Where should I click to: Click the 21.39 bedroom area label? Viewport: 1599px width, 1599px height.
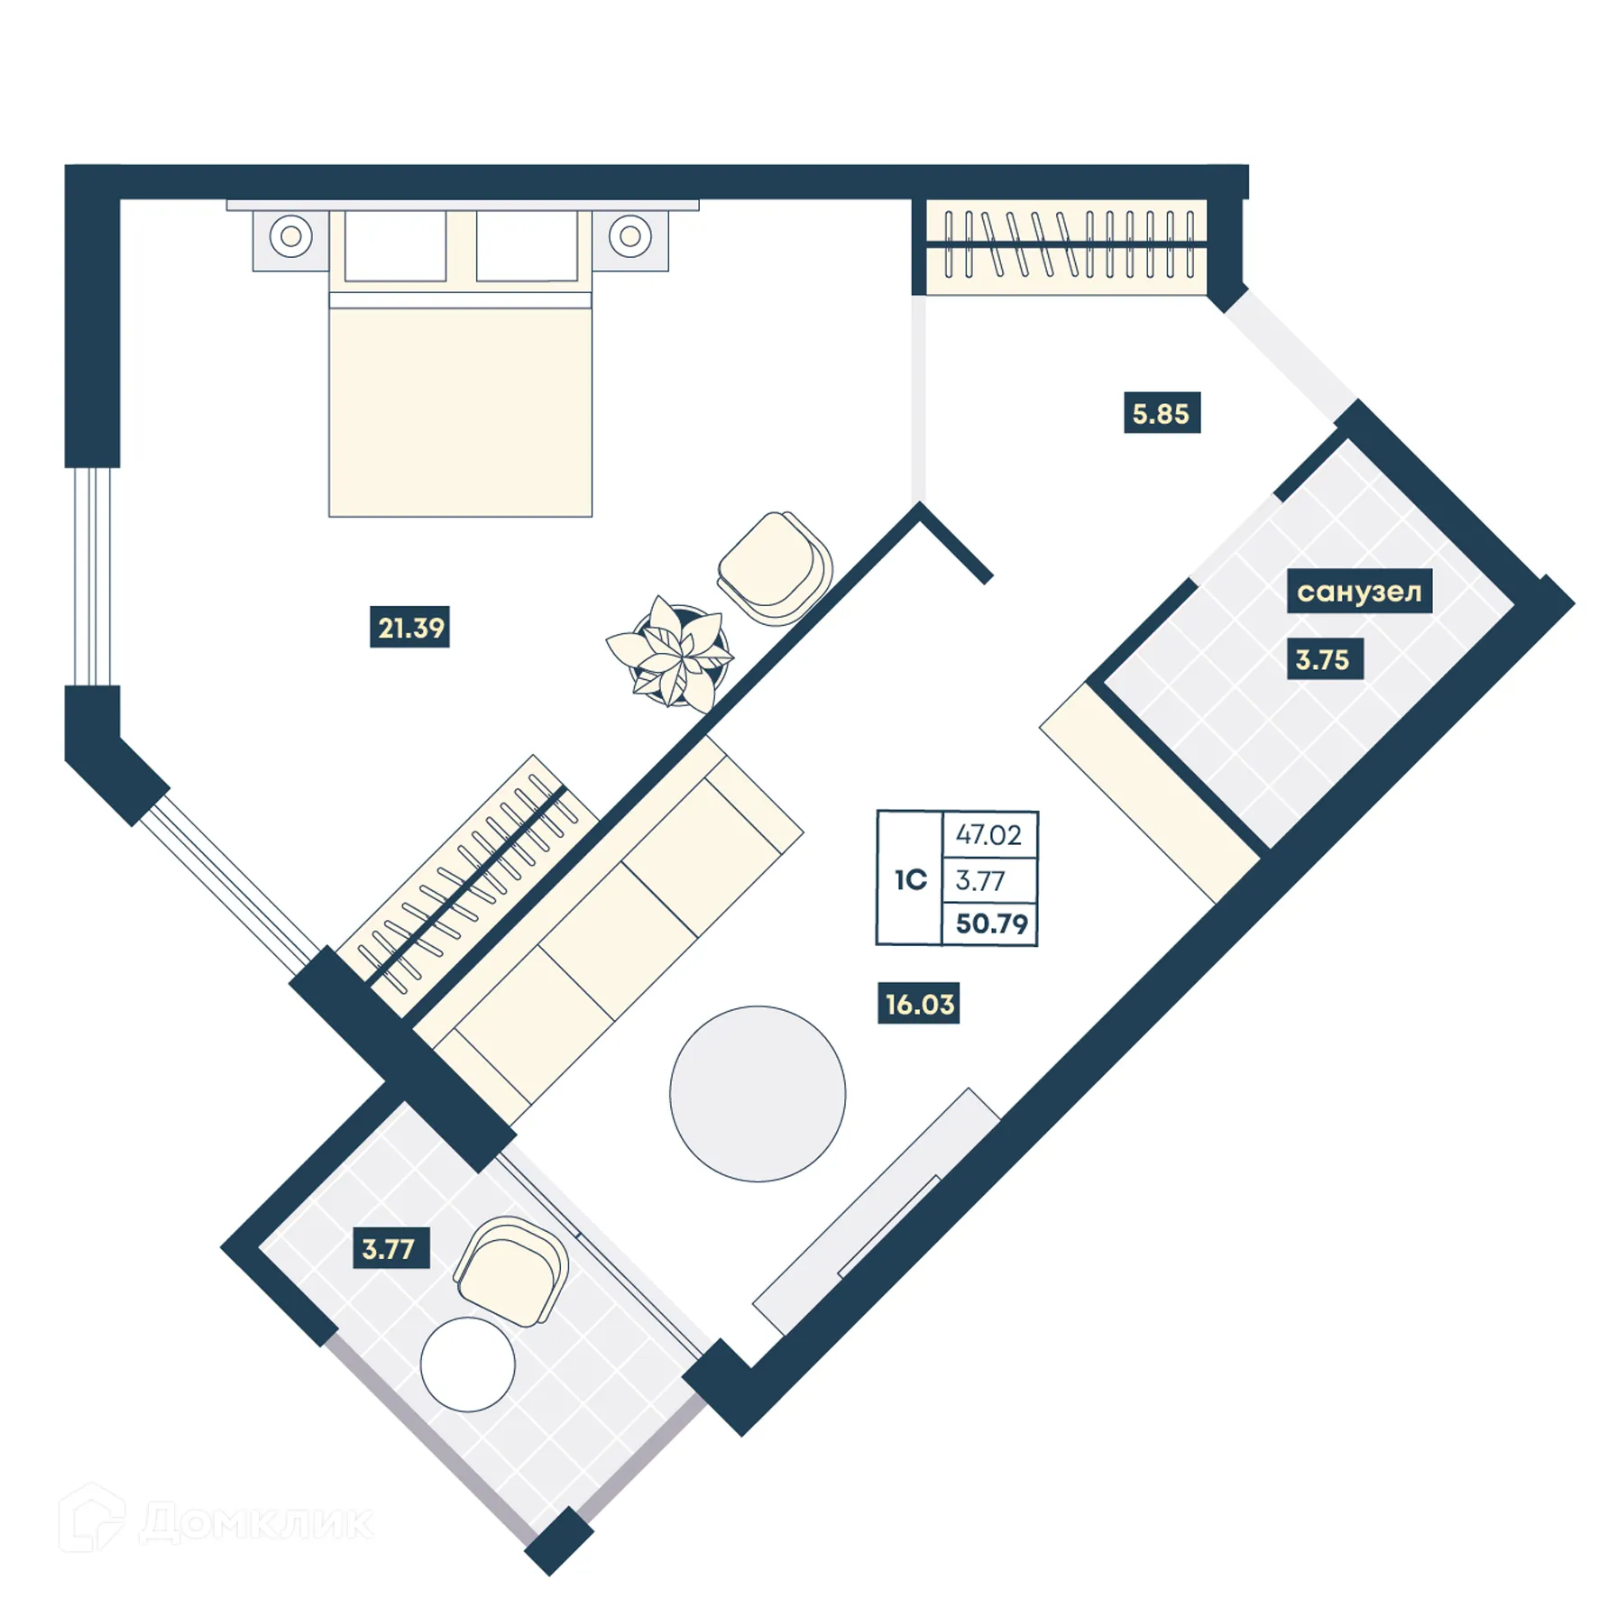click(x=409, y=627)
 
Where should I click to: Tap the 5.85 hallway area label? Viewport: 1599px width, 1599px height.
click(x=1161, y=413)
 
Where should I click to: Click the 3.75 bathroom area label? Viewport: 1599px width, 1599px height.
click(x=1322, y=659)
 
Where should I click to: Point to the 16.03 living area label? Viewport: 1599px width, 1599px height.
click(x=918, y=1004)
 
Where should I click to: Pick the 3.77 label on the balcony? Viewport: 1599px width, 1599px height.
click(x=389, y=1249)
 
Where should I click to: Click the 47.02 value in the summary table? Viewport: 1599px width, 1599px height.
click(x=988, y=834)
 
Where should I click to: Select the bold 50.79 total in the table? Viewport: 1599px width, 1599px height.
click(x=990, y=924)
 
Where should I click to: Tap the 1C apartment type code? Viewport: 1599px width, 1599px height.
click(x=910, y=879)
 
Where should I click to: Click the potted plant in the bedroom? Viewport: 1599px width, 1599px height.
click(x=672, y=652)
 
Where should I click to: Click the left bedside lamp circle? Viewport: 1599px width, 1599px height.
click(x=290, y=236)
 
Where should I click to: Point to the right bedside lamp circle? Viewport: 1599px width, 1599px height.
click(x=629, y=236)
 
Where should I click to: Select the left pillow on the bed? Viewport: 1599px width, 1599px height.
click(x=395, y=247)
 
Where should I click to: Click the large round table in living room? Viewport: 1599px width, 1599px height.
click(x=758, y=1093)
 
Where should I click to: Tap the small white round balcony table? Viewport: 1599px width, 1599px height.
click(x=467, y=1364)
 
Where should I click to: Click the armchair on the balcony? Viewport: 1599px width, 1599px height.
click(x=511, y=1270)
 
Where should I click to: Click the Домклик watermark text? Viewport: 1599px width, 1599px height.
click(x=257, y=1522)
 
